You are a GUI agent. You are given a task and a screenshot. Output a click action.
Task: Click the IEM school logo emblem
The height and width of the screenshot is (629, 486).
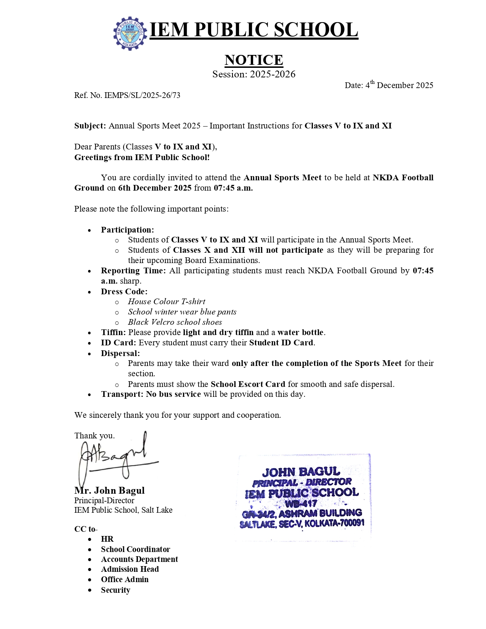click(130, 33)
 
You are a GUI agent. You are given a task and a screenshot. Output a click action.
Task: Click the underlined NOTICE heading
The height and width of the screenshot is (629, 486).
click(253, 60)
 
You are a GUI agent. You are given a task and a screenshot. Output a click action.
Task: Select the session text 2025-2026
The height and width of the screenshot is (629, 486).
click(273, 74)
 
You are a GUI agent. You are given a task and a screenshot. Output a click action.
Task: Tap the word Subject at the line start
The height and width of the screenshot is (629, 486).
click(90, 126)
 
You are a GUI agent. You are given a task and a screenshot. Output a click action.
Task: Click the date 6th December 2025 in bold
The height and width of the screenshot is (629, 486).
click(155, 188)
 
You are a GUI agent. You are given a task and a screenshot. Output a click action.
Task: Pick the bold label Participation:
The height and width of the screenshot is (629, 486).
click(127, 230)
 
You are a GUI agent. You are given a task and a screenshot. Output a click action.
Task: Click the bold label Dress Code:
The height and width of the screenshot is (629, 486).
click(124, 292)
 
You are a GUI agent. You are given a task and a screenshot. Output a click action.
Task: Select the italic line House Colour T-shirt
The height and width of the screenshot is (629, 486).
click(167, 302)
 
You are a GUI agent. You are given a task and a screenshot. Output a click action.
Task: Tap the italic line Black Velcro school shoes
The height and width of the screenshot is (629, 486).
click(175, 322)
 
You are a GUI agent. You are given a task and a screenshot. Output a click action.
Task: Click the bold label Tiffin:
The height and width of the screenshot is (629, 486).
click(113, 332)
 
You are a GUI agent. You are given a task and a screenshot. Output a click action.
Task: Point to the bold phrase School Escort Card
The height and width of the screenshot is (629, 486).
click(248, 384)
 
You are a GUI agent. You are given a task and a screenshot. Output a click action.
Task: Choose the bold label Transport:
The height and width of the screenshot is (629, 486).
click(122, 394)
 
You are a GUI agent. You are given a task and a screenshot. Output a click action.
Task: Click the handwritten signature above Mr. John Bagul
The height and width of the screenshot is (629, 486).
click(114, 457)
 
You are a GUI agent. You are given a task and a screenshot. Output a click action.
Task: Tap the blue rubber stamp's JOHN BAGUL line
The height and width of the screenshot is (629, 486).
click(301, 472)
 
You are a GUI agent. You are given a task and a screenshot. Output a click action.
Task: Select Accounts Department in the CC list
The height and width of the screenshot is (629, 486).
click(139, 559)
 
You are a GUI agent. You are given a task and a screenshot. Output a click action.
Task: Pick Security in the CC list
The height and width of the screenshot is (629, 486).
click(115, 590)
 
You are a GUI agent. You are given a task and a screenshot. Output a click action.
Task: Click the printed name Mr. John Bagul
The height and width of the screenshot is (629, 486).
click(109, 491)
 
